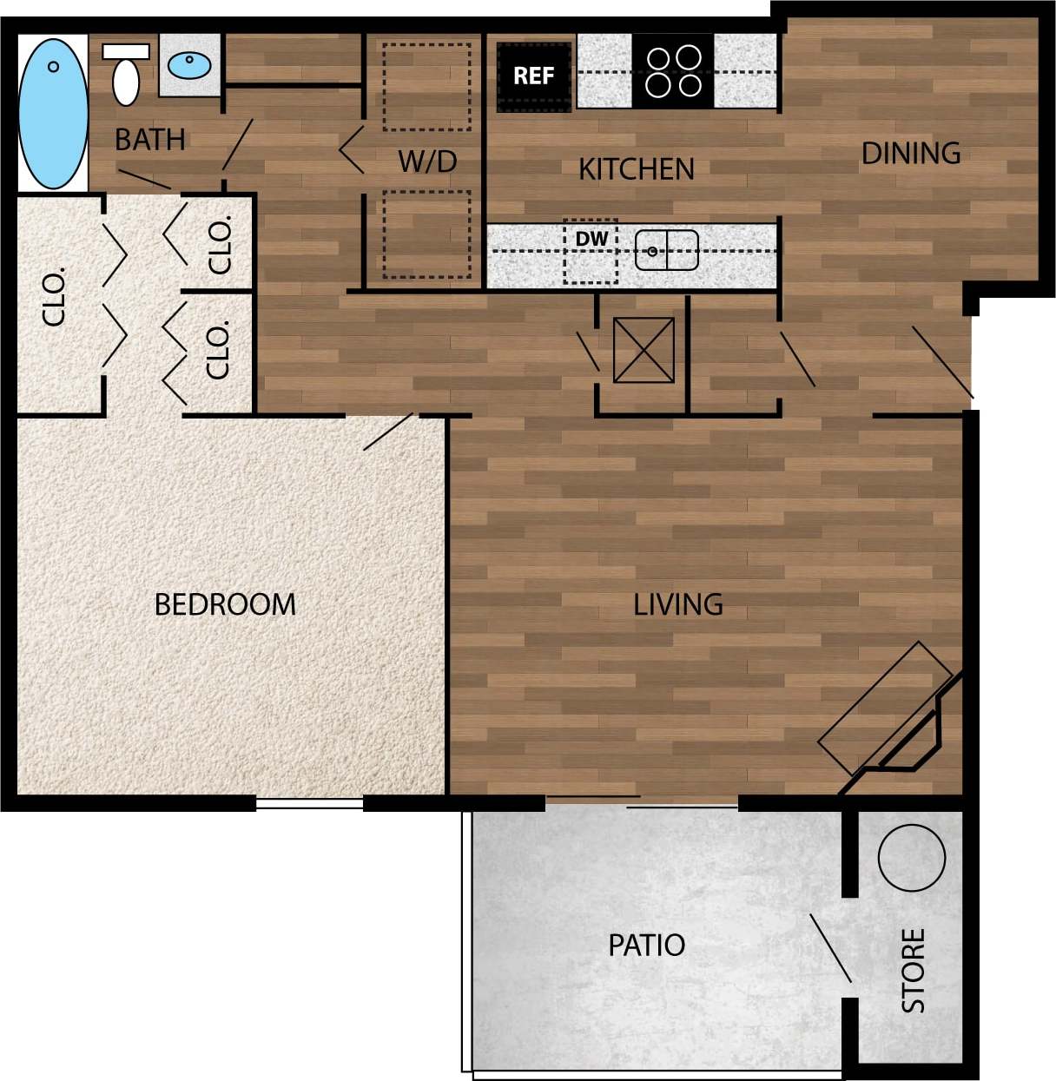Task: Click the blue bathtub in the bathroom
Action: (x=53, y=112)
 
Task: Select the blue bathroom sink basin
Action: (x=189, y=64)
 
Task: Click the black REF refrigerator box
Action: (x=533, y=76)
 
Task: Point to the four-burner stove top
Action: (x=673, y=71)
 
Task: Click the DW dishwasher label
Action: (x=591, y=240)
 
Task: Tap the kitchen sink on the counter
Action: (x=666, y=251)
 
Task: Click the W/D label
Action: (x=427, y=161)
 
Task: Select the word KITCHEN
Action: (x=637, y=169)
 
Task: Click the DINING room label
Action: (x=911, y=154)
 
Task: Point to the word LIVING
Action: (x=678, y=604)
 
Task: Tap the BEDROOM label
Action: (x=225, y=604)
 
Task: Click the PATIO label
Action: (x=647, y=945)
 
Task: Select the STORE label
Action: (x=913, y=970)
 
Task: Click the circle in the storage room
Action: (x=911, y=857)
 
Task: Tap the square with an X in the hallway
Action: (x=643, y=351)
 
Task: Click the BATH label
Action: (x=150, y=140)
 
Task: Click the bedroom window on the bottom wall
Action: (x=309, y=804)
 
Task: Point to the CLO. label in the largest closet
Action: (x=54, y=297)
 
